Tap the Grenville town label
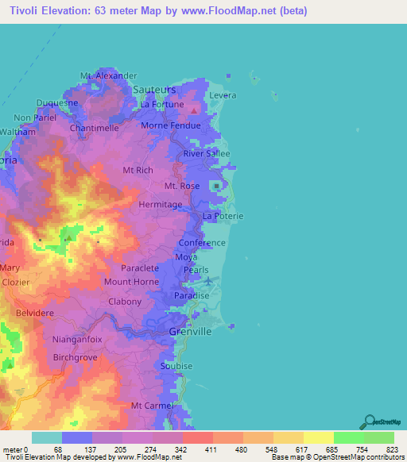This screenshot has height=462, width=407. (191, 332)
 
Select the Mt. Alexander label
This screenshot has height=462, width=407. (103, 75)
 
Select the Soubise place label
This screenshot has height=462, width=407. (176, 366)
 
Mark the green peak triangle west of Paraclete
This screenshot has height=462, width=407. (69, 237)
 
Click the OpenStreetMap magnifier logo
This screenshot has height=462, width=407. (367, 422)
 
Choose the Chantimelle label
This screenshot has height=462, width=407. (95, 128)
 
